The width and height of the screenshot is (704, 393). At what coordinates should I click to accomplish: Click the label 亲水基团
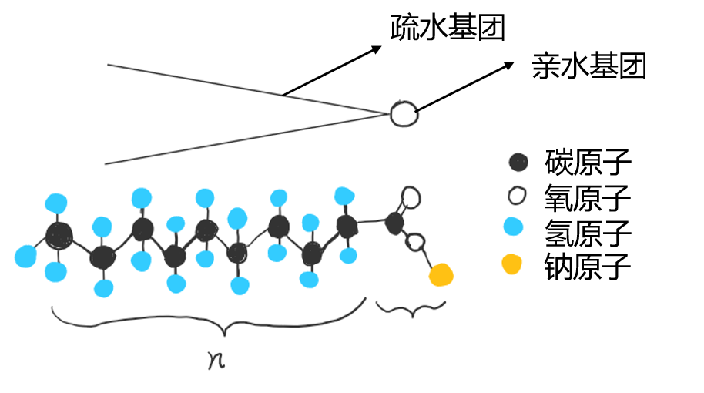[x=588, y=67]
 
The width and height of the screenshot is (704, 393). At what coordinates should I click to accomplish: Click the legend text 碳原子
[x=588, y=163]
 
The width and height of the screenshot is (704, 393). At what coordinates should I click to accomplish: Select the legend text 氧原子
[x=588, y=198]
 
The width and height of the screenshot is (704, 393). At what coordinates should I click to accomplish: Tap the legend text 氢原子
[x=588, y=232]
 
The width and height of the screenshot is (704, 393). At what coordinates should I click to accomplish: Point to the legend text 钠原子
[x=588, y=267]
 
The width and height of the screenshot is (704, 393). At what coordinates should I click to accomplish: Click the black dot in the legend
[x=519, y=163]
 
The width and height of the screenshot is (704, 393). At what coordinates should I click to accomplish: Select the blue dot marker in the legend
[x=512, y=227]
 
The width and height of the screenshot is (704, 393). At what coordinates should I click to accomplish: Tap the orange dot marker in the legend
[x=511, y=264]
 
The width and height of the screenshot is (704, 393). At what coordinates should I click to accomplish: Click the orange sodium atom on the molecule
[x=441, y=274]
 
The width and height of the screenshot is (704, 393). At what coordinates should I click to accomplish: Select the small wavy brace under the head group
[x=410, y=309]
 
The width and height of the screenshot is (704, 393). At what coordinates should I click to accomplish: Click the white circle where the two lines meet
[x=402, y=113]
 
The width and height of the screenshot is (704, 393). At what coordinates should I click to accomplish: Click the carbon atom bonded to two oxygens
[x=394, y=223]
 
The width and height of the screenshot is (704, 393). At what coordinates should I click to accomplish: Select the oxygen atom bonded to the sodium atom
[x=415, y=244]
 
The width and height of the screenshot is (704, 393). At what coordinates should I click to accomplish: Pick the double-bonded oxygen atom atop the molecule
[x=411, y=197]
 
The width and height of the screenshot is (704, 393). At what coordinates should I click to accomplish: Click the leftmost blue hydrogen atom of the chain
[x=25, y=256]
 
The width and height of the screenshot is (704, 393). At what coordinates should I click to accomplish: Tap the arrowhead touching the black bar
[x=377, y=49]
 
